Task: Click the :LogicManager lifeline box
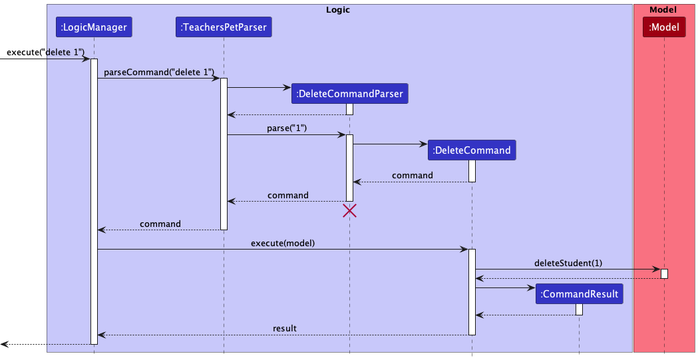click(x=94, y=27)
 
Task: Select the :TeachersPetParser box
click(x=224, y=27)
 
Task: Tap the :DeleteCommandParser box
click(x=349, y=94)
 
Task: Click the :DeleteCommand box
click(x=472, y=150)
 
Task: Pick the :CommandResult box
click(x=579, y=293)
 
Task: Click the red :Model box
click(x=663, y=27)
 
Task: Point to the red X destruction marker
click(x=349, y=211)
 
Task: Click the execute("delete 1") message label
click(x=45, y=52)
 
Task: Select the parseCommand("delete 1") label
click(x=159, y=72)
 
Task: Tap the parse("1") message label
click(x=287, y=128)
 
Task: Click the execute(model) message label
click(x=283, y=243)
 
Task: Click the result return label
click(x=284, y=328)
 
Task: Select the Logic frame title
click(x=338, y=9)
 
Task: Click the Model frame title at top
click(x=663, y=9)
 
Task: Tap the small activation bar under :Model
click(x=663, y=273)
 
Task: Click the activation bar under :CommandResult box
click(x=579, y=309)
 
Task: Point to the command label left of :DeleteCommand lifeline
click(x=412, y=175)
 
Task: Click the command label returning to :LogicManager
click(x=160, y=224)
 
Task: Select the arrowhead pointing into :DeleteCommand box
click(x=423, y=143)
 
